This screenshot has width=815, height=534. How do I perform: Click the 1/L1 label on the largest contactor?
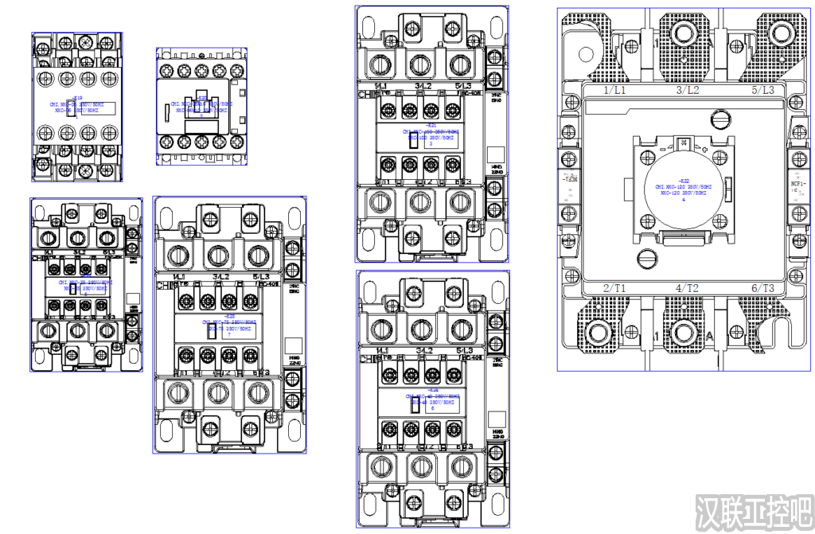point(614,91)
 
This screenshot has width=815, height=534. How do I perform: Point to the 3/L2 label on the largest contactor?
point(688,91)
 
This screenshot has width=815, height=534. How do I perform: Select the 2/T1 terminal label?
point(614,288)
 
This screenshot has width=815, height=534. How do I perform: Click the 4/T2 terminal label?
point(688,288)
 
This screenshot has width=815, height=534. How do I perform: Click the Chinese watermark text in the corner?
point(752,513)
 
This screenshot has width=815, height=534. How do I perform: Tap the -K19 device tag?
point(78,99)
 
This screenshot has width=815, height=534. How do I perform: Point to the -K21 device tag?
point(431,125)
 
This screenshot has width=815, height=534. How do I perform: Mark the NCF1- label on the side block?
point(797,184)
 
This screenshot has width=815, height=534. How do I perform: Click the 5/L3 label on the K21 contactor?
point(463,85)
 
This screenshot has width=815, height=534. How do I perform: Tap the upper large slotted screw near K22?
point(721,119)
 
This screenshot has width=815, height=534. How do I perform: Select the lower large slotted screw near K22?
point(647,257)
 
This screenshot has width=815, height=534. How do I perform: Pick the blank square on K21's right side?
point(496,155)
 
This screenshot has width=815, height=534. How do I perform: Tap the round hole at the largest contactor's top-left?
point(587,55)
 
